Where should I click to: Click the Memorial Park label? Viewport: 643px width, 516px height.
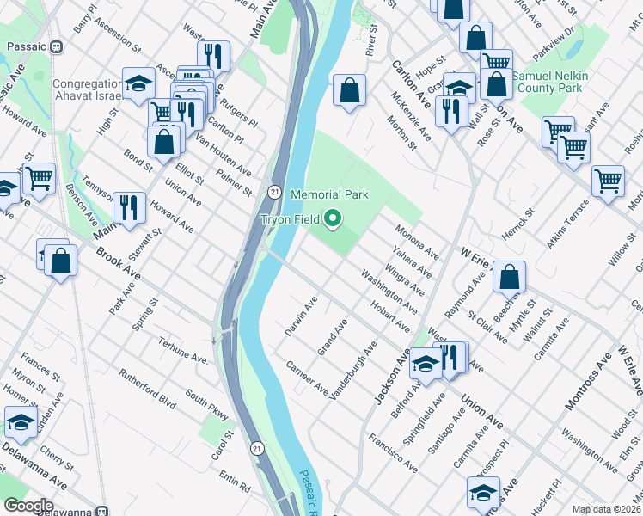(x=329, y=195)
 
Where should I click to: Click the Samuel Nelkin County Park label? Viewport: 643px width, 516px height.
(x=550, y=82)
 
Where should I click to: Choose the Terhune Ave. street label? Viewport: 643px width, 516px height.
(x=184, y=350)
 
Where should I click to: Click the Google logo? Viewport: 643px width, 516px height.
(x=28, y=505)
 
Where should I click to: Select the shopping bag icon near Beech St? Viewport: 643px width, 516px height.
(x=509, y=276)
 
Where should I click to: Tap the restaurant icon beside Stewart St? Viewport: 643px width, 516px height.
(x=129, y=206)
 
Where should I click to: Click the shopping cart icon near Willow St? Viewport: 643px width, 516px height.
(x=609, y=181)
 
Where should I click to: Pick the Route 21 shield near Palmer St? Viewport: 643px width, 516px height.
(x=273, y=190)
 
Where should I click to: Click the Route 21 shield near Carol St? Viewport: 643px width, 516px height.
(x=257, y=448)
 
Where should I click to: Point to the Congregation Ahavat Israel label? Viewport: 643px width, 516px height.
(x=88, y=89)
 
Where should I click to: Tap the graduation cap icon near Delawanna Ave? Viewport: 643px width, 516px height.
(x=21, y=421)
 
